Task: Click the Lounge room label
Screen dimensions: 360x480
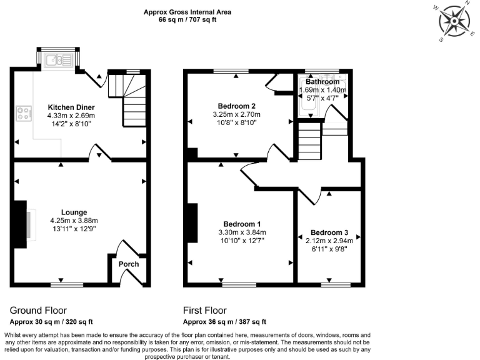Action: tap(74, 212)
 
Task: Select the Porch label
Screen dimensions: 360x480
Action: tap(129, 264)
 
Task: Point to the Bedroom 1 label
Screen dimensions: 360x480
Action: tap(242, 224)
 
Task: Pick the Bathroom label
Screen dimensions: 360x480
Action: tap(322, 82)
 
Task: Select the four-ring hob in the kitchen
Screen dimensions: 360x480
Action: tap(24, 114)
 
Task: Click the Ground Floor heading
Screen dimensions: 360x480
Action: tap(38, 311)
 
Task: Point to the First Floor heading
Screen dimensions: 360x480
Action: tap(205, 311)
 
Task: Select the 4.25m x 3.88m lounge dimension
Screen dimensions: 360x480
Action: tap(74, 220)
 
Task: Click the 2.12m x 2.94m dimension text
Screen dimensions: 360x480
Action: tap(329, 240)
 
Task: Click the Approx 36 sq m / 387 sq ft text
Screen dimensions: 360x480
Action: tap(224, 322)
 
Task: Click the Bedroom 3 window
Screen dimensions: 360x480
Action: tap(336, 284)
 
